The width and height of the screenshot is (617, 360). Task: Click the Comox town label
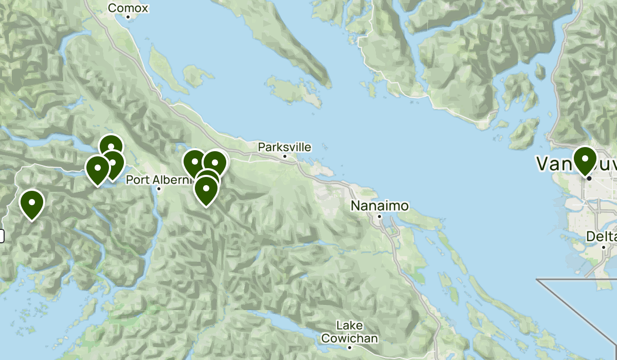128,8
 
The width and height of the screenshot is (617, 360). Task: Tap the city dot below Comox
128,17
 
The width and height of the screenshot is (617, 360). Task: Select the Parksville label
284,147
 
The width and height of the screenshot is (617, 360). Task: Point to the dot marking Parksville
284,156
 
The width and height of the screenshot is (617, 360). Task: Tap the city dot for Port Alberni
159,189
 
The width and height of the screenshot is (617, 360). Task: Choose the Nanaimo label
379,206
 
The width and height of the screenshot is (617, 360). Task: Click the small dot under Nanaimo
379,217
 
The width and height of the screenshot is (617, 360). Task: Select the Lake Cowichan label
350,332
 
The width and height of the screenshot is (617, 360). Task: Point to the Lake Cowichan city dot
350,348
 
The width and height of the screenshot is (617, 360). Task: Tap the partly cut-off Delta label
603,237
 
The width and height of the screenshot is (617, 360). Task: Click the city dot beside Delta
604,247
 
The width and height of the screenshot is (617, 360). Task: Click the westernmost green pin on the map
31,204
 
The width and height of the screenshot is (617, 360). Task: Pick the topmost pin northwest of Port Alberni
111,147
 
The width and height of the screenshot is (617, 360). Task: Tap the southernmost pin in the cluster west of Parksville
206,190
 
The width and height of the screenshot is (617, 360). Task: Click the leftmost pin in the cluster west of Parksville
194,163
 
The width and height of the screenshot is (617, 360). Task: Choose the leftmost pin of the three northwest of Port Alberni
97,169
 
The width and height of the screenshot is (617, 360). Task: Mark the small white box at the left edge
2,236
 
